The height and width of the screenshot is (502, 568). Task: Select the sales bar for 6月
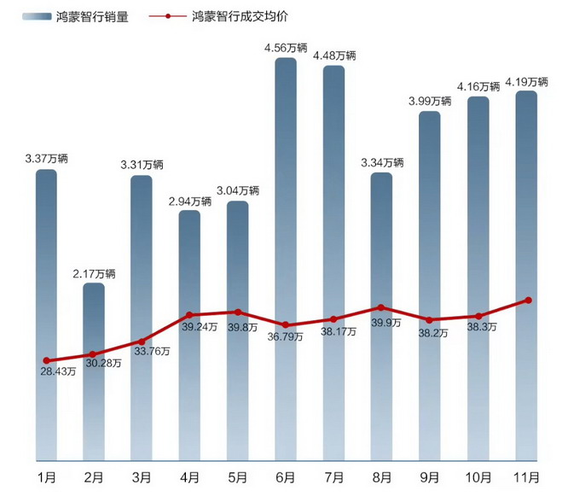(x=286, y=213)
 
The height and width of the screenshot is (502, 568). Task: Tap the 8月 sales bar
(x=381, y=256)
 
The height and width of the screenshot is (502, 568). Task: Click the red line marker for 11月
(x=529, y=300)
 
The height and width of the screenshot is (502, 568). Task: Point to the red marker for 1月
(x=46, y=360)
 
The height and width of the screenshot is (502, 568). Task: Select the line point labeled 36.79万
(x=286, y=325)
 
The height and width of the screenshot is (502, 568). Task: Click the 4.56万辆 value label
(x=286, y=48)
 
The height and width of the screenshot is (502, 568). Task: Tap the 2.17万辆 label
(x=94, y=273)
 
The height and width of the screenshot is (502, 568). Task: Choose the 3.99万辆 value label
(x=429, y=101)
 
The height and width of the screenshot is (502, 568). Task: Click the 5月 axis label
(x=238, y=476)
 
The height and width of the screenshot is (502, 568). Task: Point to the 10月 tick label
(x=478, y=476)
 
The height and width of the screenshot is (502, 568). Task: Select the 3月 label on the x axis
(x=142, y=476)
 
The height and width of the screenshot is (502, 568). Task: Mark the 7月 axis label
(x=333, y=476)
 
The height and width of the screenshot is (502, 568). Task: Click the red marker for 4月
(x=189, y=315)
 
